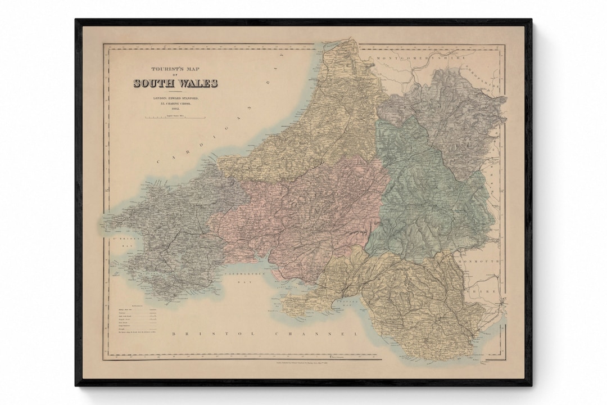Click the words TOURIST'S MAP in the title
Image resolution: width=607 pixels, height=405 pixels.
tap(175, 70)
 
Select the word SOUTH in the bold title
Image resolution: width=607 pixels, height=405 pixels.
tap(153, 83)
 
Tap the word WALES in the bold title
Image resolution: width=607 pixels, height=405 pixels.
tap(197, 83)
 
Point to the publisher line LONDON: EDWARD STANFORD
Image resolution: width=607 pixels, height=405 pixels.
tap(175, 98)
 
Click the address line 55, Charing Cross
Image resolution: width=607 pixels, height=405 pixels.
tap(175, 104)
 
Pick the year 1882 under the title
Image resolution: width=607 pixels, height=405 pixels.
tap(175, 110)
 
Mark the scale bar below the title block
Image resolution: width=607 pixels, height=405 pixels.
tap(175, 118)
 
